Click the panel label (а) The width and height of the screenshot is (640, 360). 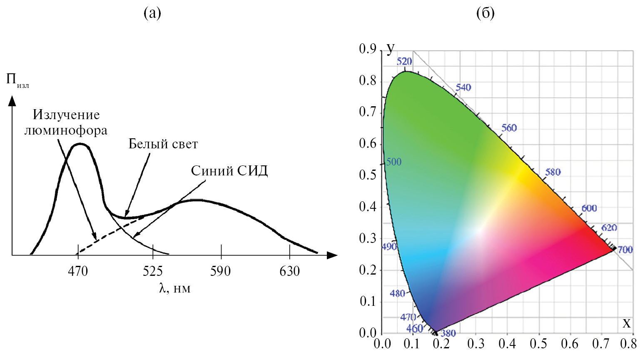(152, 13)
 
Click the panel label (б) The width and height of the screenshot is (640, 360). (485, 13)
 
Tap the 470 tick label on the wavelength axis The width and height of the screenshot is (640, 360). (78, 271)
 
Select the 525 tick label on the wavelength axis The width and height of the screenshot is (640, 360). (153, 271)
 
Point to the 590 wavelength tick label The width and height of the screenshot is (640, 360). (220, 271)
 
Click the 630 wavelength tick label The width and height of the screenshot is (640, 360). (289, 271)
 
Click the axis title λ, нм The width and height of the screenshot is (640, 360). (174, 288)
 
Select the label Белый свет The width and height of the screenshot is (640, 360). (163, 144)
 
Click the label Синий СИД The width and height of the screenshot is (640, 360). (229, 171)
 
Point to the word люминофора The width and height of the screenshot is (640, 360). (66, 130)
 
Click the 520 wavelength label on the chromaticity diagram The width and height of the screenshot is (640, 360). (404, 62)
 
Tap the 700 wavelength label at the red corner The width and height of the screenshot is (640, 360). (625, 250)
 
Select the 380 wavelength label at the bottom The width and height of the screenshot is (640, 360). (448, 333)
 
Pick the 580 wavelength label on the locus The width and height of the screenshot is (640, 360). (553, 172)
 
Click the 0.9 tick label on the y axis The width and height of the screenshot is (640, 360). (368, 49)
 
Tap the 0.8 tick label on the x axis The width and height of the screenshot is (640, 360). (628, 344)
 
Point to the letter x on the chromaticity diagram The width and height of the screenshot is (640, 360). (626, 323)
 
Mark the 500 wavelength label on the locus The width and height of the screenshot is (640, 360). (393, 162)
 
